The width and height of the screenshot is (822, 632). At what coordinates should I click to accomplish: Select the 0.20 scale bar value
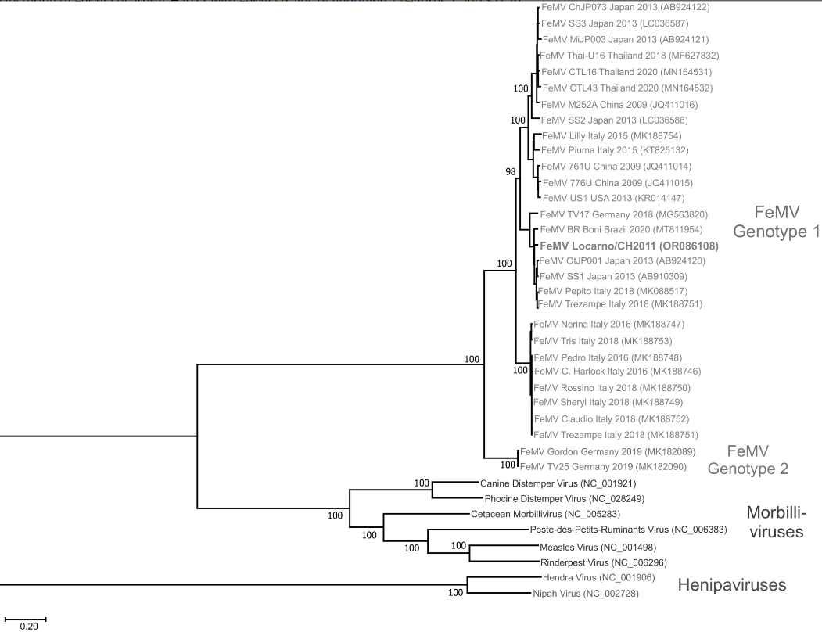coord(27,626)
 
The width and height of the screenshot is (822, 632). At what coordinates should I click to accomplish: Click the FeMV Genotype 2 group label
coord(748,460)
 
